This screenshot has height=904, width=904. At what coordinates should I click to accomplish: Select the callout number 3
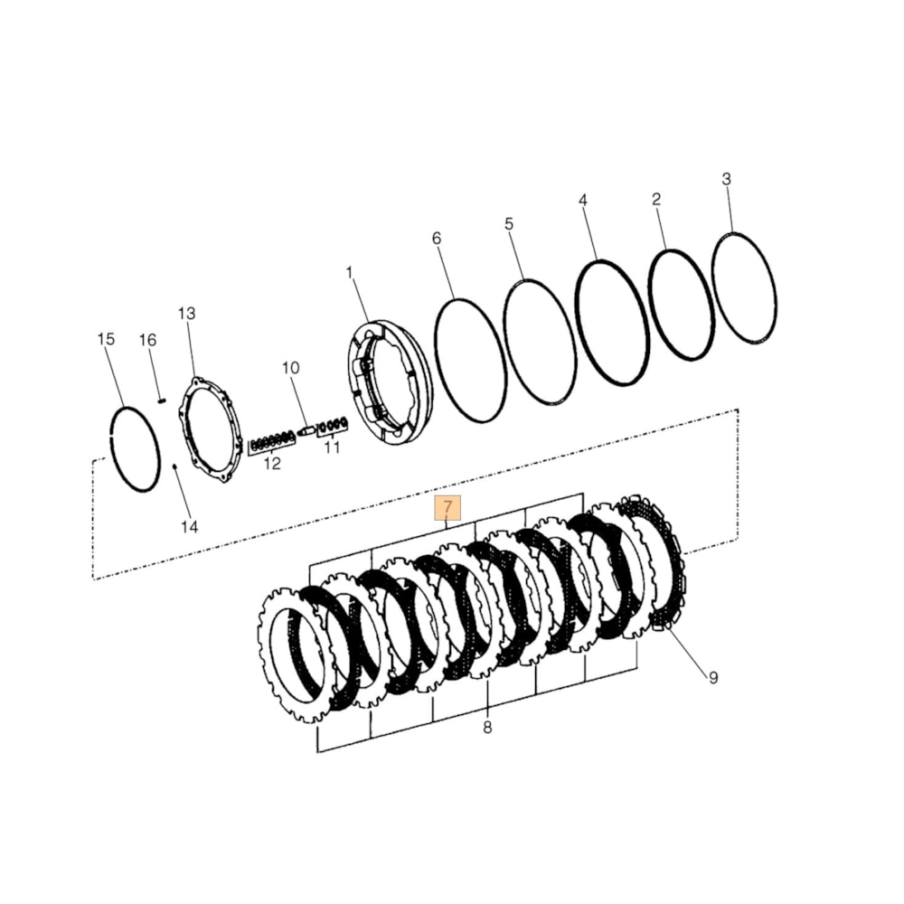point(726,179)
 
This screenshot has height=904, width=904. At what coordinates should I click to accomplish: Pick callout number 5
point(509,223)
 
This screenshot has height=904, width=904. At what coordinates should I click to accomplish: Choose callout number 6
point(437,239)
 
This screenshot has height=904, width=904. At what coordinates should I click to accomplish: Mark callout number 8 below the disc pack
point(487,728)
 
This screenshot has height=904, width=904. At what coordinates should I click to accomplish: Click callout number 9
point(712,677)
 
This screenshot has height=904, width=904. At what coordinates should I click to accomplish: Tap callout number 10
point(290,368)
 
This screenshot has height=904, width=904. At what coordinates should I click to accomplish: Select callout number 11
point(333,447)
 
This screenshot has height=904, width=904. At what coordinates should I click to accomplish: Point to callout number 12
point(271,464)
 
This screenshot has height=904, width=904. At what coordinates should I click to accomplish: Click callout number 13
point(186,314)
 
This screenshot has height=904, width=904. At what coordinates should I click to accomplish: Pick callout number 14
point(188,526)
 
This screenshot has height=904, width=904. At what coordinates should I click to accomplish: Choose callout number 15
point(106,339)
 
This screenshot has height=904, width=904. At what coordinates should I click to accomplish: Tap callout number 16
point(147,340)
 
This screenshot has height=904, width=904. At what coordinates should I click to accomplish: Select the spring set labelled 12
point(270,441)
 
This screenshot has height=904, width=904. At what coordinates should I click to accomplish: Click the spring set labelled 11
point(334,424)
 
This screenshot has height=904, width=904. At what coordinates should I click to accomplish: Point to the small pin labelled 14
point(173,467)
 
